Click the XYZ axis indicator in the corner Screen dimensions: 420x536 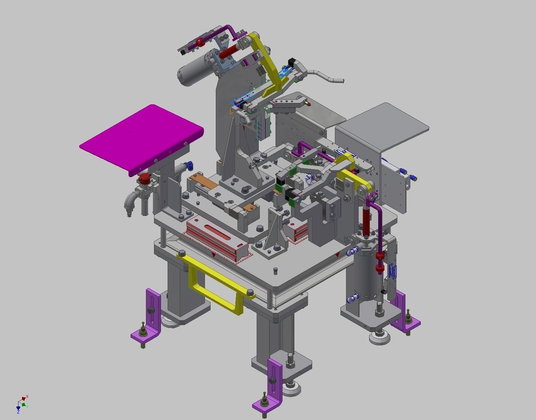click(x=22, y=404)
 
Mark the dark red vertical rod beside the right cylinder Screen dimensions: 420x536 click(x=366, y=220)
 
